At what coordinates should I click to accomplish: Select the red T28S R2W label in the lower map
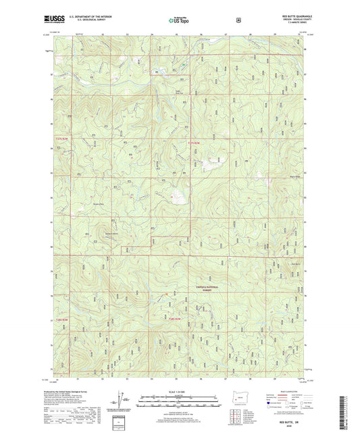[175, 318]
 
